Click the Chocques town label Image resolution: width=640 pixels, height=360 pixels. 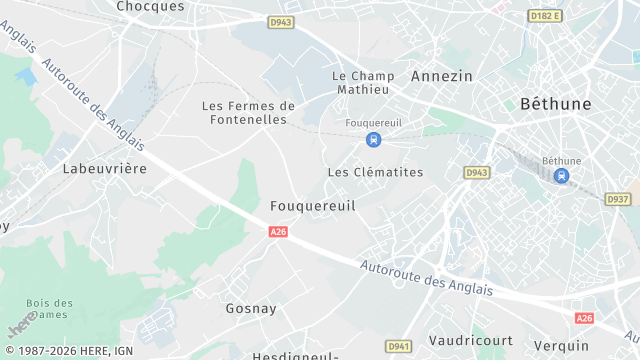tap(150, 6)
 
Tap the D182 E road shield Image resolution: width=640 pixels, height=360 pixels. tap(545, 16)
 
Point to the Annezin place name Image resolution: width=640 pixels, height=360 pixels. tap(441, 75)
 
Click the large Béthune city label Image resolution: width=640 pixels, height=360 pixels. tap(556, 103)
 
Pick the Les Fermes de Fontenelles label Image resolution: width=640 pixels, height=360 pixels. tap(249, 112)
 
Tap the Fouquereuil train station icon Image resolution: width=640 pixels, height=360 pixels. tap(373, 140)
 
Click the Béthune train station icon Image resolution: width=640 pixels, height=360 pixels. tap(561, 176)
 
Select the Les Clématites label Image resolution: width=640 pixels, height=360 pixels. tap(375, 172)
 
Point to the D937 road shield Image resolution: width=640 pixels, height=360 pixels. tap(618, 200)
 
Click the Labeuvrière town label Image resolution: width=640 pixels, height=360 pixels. tap(104, 168)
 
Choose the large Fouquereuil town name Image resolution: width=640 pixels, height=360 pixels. tap(313, 205)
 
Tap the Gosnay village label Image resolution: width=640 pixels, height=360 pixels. tap(251, 308)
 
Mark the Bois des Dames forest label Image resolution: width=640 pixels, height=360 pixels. tap(50, 309)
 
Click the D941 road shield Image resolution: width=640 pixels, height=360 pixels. tap(399, 346)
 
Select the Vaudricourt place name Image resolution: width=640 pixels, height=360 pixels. tap(470, 340)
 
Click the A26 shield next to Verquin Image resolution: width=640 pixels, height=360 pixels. tap(584, 318)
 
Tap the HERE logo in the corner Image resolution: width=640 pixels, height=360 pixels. tap(18, 326)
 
